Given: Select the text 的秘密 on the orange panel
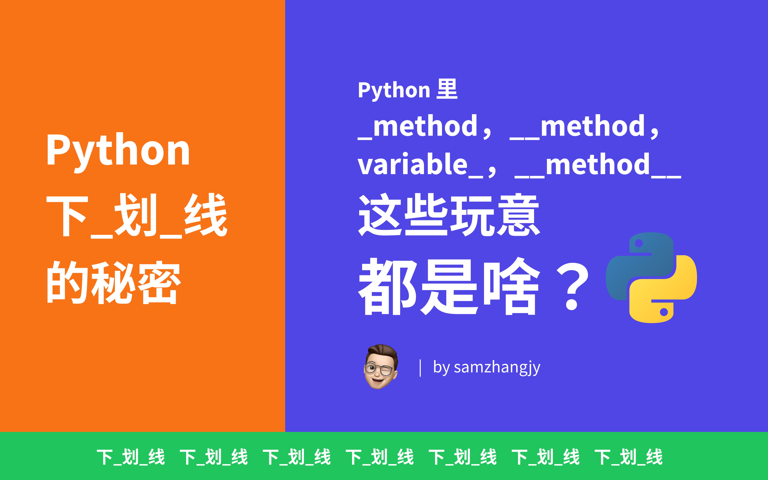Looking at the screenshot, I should (114, 283).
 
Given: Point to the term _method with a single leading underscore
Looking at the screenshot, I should (418, 127).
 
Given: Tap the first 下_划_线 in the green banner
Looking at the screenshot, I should (131, 457).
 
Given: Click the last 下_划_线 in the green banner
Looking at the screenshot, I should (628, 457).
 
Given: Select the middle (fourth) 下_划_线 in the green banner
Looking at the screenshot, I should (380, 457).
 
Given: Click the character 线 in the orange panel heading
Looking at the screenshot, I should (206, 216).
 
